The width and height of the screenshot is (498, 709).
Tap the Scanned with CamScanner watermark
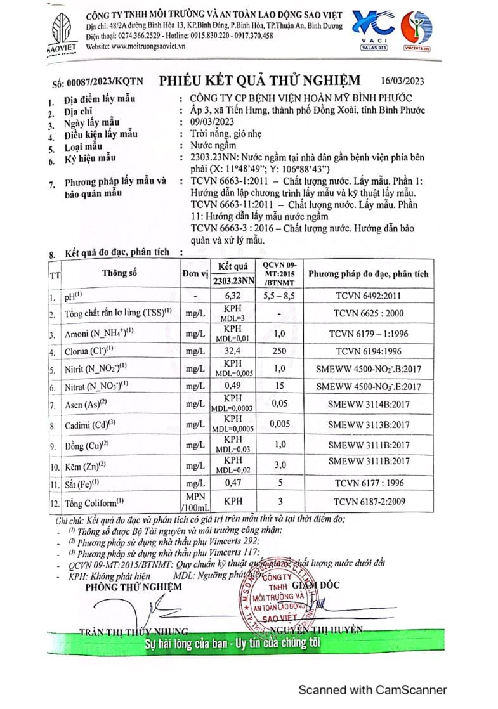[372, 690]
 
